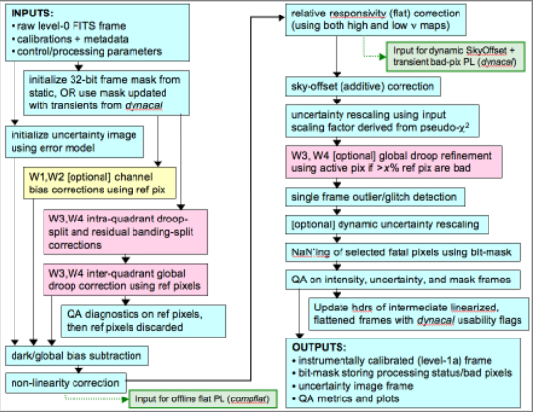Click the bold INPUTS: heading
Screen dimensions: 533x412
pos(32,14)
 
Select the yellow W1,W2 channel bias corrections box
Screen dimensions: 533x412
pos(100,183)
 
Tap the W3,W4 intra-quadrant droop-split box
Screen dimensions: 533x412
pos(126,232)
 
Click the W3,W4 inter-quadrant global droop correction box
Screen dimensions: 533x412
pos(126,280)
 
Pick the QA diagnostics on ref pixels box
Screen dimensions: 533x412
pos(143,320)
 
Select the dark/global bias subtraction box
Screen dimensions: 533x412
pos(76,356)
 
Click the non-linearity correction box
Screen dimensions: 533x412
pos(66,383)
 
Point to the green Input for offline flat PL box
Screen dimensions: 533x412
pos(202,398)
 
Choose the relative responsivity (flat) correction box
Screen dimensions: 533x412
pos(376,19)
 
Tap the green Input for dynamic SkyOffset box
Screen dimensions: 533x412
pos(456,56)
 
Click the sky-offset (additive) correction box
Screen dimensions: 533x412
pos(364,86)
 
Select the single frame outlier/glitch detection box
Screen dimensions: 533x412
pos(375,197)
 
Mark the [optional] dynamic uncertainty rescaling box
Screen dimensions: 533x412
pos(387,224)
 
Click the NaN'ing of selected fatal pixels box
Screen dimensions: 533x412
pos(403,252)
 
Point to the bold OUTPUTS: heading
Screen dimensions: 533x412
pos(319,347)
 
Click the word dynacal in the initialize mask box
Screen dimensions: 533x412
pos(143,105)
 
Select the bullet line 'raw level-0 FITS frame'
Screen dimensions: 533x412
pos(69,26)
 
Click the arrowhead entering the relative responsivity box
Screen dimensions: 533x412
pos(281,17)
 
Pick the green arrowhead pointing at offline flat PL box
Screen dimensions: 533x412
pos(125,399)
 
